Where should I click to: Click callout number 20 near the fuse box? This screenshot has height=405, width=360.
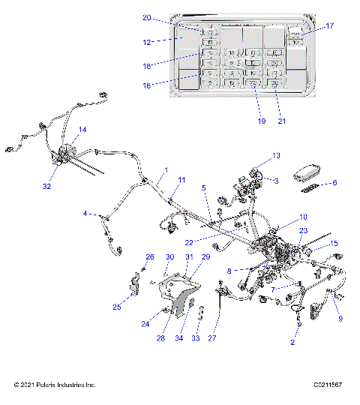[146, 18]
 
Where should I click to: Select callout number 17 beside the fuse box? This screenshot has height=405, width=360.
[329, 26]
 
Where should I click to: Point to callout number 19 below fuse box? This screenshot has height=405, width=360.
[262, 120]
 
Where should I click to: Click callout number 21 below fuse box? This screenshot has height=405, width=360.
[282, 120]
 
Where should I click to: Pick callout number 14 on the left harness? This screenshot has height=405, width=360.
[82, 130]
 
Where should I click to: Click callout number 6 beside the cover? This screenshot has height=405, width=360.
[334, 182]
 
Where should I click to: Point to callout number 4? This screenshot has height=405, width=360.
[85, 214]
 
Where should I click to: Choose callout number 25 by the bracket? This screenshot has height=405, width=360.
[117, 307]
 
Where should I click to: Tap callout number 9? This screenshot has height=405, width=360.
[340, 319]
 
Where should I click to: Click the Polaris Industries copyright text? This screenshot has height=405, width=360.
[55, 385]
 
